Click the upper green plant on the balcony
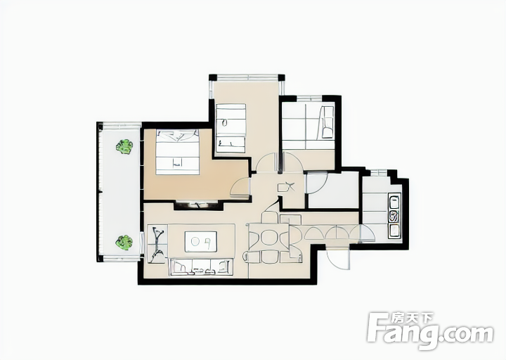pyautogui.click(x=124, y=146)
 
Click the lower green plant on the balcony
pyautogui.click(x=124, y=243)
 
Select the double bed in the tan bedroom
pyautogui.click(x=178, y=152)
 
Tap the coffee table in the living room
pyautogui.click(x=201, y=241)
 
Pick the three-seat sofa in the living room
pyautogui.click(x=202, y=266)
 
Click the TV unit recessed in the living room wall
pyautogui.click(x=198, y=205)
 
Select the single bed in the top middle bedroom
pyautogui.click(x=231, y=128)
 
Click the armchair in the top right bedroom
pyautogui.click(x=326, y=122)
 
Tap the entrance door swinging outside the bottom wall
pyautogui.click(x=338, y=259)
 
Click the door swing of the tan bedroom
pyautogui.click(x=240, y=188)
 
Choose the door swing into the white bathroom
pyautogui.click(x=316, y=183)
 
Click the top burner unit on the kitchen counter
pyautogui.click(x=394, y=202)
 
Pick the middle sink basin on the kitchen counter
pyautogui.click(x=394, y=217)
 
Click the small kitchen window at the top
pyautogui.click(x=379, y=173)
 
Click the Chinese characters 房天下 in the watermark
pyautogui.click(x=411, y=319)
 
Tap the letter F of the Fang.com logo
pyautogui.click(x=378, y=328)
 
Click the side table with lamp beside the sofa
pyautogui.click(x=157, y=245)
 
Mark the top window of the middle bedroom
pyautogui.click(x=247, y=77)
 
